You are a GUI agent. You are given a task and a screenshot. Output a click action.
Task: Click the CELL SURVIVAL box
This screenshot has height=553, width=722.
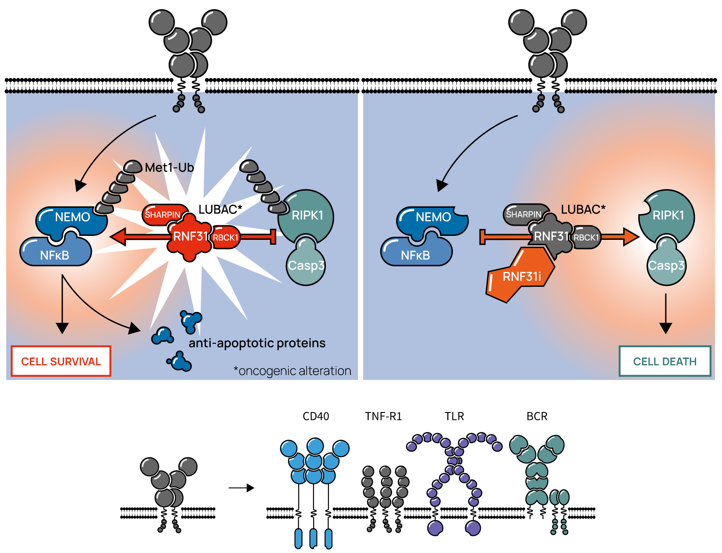point(61,361)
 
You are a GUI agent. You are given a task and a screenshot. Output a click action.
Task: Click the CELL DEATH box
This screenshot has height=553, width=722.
point(664,361)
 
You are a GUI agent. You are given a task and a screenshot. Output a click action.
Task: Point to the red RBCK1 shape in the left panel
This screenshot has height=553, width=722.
point(226,238)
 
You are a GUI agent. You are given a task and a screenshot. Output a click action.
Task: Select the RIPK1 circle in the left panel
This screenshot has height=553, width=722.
point(307,215)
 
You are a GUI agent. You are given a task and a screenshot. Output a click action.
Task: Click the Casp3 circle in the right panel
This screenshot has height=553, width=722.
point(666,266)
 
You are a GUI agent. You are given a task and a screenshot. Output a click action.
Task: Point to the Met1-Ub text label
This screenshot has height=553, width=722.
point(169,167)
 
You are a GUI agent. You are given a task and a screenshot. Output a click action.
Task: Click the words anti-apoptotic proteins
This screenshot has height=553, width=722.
point(257,343)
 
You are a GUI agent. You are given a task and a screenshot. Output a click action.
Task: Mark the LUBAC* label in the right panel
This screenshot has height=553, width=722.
point(583,210)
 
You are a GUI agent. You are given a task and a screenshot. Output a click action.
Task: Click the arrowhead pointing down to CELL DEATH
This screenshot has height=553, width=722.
point(666,328)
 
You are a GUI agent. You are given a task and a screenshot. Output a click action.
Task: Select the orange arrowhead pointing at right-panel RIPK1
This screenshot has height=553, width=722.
point(631,237)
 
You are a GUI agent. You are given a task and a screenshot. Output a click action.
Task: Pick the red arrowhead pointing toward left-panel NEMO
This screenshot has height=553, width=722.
point(118,237)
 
